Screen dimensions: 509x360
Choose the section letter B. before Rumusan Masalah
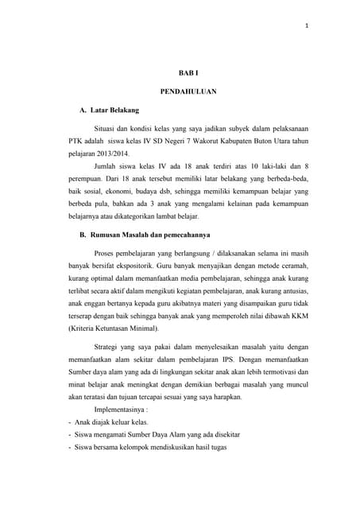coord(81,234)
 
